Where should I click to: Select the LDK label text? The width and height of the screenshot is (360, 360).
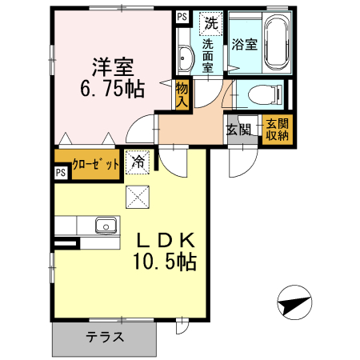click(x=162, y=239)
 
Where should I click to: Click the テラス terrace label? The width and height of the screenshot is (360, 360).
click(x=105, y=337)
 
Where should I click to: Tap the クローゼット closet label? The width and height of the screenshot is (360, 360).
click(x=95, y=164)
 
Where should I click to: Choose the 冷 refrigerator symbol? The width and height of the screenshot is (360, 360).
click(x=138, y=162)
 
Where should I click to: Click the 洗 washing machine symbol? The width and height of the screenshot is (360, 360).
click(x=210, y=23)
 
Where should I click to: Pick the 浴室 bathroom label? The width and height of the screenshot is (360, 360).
click(x=244, y=45)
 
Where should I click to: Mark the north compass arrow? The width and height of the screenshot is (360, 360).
click(x=294, y=305)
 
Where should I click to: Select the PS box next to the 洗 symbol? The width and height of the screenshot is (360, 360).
click(x=182, y=16)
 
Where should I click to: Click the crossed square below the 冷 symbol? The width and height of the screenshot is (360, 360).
click(x=137, y=194)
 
